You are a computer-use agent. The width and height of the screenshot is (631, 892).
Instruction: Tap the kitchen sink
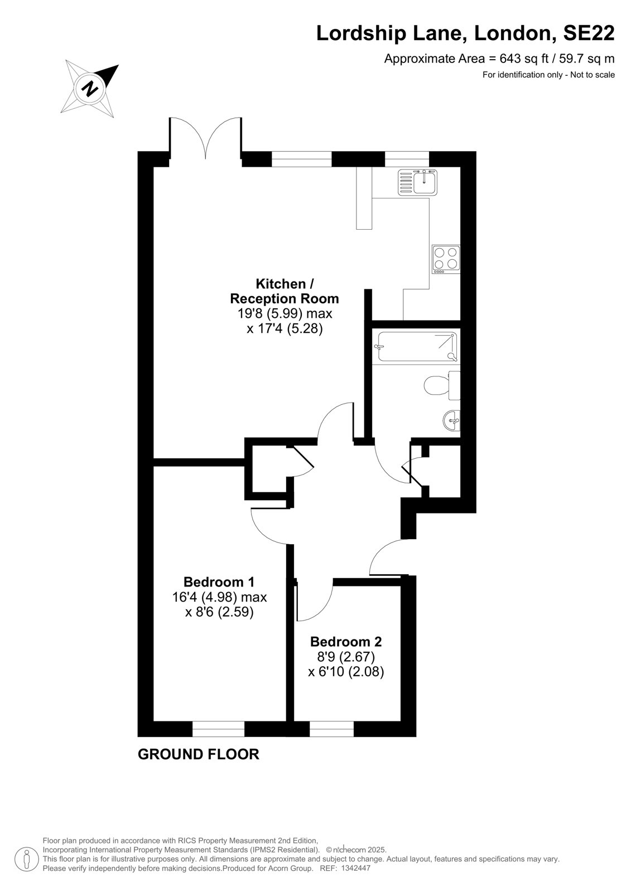(x=417, y=182)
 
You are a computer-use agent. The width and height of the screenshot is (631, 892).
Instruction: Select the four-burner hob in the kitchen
(x=446, y=259)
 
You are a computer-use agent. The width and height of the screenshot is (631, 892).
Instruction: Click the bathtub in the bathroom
(x=417, y=346)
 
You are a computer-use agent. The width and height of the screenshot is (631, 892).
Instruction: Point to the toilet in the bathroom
(x=442, y=385)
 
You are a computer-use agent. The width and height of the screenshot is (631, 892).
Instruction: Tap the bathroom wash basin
(x=451, y=420)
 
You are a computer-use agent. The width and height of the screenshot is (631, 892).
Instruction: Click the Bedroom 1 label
(x=219, y=582)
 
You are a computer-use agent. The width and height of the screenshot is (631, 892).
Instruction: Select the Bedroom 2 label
(x=346, y=642)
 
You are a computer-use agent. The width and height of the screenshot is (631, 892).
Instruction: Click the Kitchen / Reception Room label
(x=285, y=291)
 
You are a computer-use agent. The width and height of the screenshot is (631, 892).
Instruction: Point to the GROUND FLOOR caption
(x=199, y=754)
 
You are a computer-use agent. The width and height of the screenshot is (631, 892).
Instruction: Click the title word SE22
(x=589, y=33)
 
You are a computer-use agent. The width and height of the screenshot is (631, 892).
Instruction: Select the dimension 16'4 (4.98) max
(x=220, y=597)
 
